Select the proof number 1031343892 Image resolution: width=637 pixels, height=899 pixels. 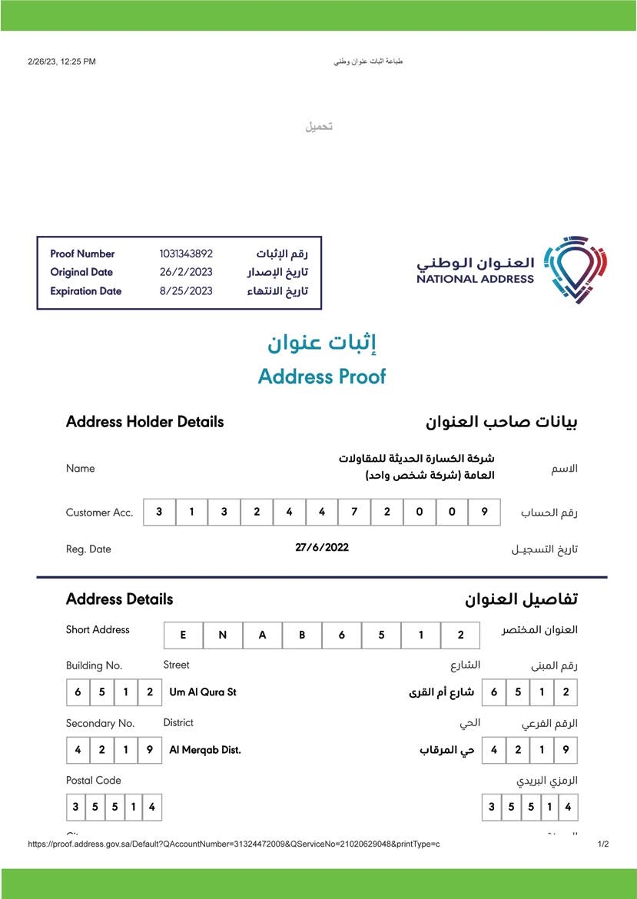[x=186, y=254]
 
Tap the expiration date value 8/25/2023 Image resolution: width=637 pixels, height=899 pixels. [x=186, y=291]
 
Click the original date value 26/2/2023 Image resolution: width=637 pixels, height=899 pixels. [x=186, y=272]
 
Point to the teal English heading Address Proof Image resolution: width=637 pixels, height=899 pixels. [x=322, y=377]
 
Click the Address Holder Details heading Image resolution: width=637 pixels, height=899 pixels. [x=145, y=422]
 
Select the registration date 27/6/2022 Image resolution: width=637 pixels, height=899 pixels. [x=322, y=547]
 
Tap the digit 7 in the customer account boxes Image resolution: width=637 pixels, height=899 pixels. [x=354, y=512]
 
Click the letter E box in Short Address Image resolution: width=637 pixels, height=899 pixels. [x=183, y=635]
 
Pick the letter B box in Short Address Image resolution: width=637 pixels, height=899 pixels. [x=302, y=635]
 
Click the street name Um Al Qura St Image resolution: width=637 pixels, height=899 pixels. [x=203, y=692]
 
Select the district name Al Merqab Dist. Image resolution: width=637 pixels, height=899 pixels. [x=205, y=750]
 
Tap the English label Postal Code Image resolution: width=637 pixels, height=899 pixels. [x=94, y=780]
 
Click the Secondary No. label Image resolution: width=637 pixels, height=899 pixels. [x=100, y=723]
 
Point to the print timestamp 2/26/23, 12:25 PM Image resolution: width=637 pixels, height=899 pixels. [x=61, y=61]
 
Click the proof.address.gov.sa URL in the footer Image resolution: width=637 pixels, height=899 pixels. [x=234, y=844]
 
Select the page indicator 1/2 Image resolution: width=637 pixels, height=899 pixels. [x=603, y=844]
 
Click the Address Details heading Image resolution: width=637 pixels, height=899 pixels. [x=120, y=599]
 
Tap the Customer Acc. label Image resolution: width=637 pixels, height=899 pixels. [x=100, y=513]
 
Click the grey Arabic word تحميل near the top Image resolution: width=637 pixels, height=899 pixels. [x=319, y=126]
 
